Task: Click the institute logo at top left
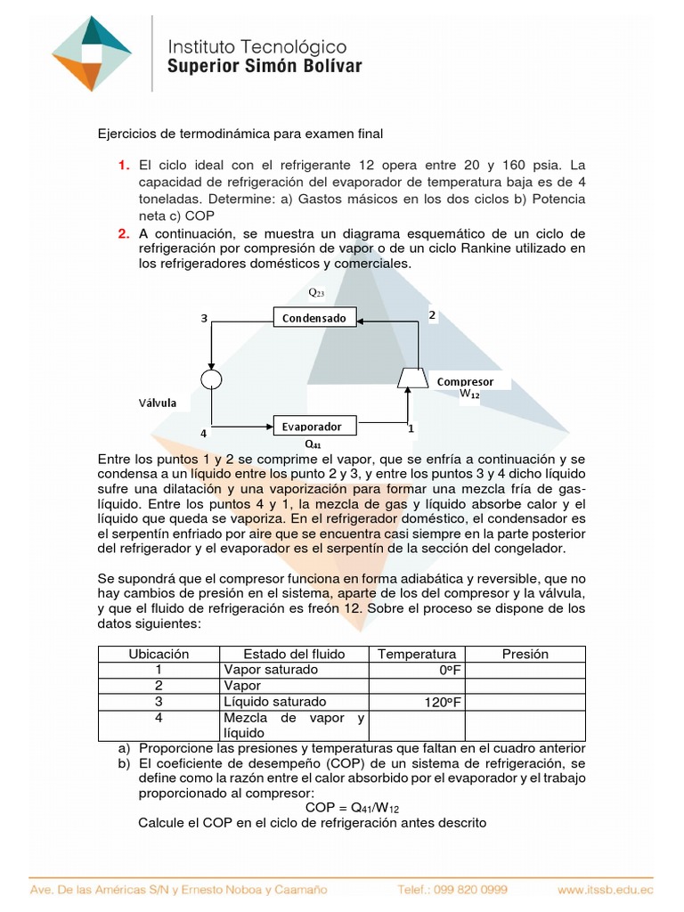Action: pyautogui.click(x=92, y=53)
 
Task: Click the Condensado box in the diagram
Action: pyautogui.click(x=314, y=317)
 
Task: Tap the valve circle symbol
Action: pyautogui.click(x=212, y=380)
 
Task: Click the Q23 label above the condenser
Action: pyautogui.click(x=316, y=292)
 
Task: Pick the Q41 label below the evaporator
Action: pyautogui.click(x=313, y=443)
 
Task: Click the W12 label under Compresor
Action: pyautogui.click(x=469, y=394)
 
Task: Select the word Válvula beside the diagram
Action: pyautogui.click(x=157, y=403)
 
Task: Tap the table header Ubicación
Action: pyautogui.click(x=159, y=654)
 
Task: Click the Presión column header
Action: pyautogui.click(x=525, y=654)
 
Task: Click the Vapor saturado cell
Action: pyautogui.click(x=271, y=670)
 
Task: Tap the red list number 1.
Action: pyautogui.click(x=124, y=166)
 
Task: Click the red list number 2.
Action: pyautogui.click(x=124, y=233)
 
